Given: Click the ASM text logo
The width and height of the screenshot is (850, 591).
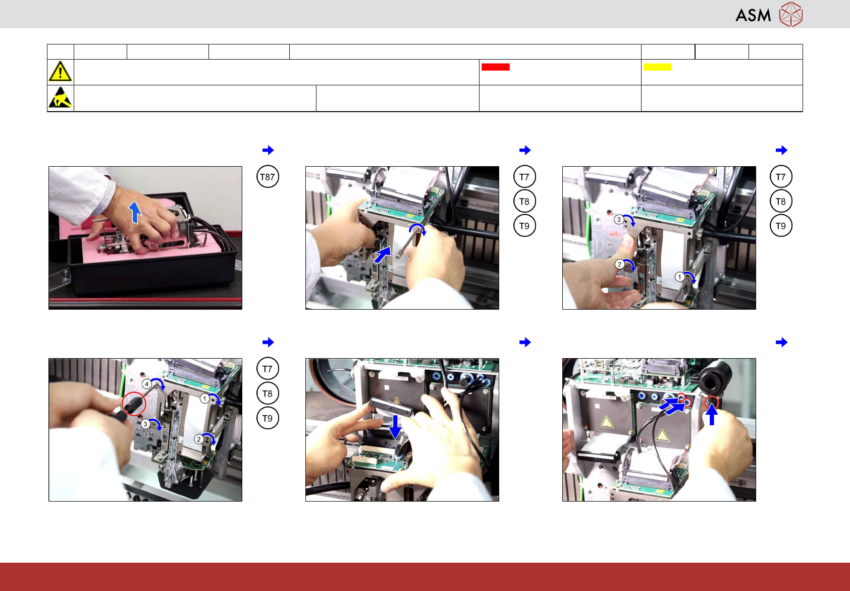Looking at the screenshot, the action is [753, 15].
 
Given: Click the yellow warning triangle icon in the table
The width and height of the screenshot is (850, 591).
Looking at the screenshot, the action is [60, 71].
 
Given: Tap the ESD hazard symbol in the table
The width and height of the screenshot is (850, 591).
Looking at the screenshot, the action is [61, 97].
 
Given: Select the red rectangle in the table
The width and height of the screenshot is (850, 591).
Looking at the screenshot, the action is [495, 67].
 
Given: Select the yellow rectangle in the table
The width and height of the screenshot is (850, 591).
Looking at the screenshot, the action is [657, 67].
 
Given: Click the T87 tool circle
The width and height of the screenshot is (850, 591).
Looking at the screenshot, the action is [268, 177].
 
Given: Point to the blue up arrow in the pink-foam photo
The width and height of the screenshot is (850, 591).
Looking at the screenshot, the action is [135, 212].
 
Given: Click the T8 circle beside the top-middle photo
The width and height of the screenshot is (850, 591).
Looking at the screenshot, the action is [524, 202].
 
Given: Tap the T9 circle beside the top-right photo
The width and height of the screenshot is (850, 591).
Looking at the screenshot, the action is [780, 226].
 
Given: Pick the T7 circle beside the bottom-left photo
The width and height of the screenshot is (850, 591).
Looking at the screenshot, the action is [268, 368].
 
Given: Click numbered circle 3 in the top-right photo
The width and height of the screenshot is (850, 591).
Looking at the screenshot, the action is [619, 220].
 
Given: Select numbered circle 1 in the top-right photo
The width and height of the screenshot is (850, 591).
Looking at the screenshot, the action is [679, 277].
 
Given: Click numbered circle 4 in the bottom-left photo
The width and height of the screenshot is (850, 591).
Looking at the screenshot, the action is [146, 384].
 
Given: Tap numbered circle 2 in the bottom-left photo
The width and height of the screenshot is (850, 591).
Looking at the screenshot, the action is [198, 439].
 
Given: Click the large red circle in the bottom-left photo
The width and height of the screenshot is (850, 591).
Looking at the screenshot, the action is [134, 404].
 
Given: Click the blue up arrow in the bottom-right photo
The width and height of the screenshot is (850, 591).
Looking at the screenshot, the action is [712, 414].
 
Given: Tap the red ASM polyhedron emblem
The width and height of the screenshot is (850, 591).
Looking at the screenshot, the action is [791, 15].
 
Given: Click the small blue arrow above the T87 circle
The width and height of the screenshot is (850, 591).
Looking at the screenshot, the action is [268, 150].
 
